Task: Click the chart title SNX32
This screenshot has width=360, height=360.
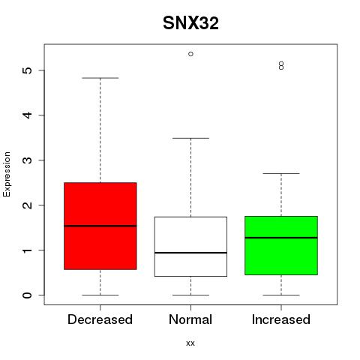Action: (190, 23)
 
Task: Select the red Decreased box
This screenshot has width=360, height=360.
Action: (100, 226)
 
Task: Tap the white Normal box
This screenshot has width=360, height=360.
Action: (190, 247)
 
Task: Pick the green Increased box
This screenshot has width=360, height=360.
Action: (281, 245)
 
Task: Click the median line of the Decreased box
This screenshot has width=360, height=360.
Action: (100, 226)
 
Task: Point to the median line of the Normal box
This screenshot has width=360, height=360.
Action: (190, 253)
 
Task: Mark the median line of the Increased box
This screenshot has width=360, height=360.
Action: (281, 238)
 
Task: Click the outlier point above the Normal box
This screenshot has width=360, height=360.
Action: (190, 54)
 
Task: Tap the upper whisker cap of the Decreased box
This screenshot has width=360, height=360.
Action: (100, 78)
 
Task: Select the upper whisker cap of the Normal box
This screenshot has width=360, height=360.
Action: (190, 138)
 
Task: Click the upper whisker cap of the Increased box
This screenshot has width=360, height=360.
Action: (281, 173)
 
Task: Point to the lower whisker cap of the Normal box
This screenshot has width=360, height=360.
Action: (190, 295)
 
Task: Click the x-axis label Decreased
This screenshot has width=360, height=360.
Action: (100, 319)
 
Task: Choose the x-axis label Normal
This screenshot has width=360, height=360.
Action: (190, 319)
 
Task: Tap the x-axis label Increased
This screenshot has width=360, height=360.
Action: (281, 319)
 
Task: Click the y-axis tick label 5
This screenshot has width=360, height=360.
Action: (28, 70)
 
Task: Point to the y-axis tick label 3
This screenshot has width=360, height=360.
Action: (28, 160)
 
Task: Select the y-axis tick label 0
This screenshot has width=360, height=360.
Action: (28, 295)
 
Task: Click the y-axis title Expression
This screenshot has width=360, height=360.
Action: (7, 174)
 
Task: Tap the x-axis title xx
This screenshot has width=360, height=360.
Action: (190, 343)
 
